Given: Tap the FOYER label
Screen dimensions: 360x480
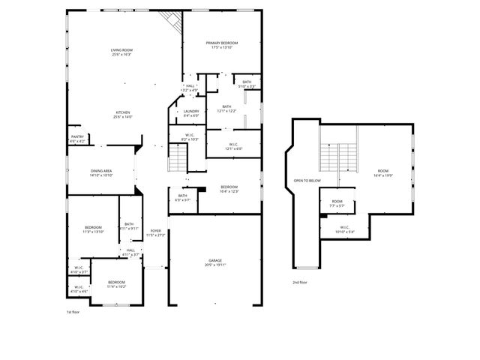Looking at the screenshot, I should (155, 232).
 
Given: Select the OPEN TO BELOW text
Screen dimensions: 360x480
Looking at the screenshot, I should (307, 181).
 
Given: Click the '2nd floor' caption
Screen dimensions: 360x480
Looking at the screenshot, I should (301, 283).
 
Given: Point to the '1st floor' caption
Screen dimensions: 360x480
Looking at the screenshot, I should (73, 310).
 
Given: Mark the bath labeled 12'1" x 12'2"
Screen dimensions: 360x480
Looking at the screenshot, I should (226, 108).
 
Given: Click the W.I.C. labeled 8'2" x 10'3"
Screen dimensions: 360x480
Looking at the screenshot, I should (190, 137).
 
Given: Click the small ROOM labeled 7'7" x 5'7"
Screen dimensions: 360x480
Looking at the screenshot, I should (337, 202).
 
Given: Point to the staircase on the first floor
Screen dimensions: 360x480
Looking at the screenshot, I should (178, 158).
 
